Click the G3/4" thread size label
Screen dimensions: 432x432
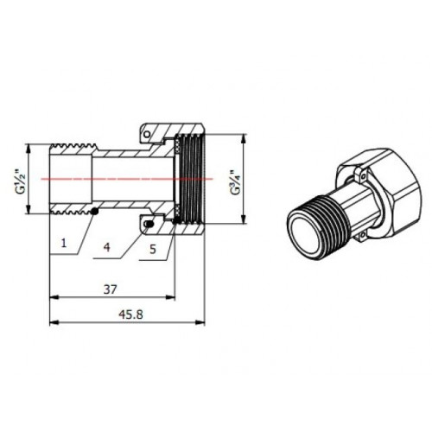(235, 183)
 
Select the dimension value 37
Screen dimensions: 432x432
(110, 289)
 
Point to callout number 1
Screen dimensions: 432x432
(64, 243)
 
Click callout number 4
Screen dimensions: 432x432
(107, 247)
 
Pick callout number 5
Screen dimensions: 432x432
(153, 249)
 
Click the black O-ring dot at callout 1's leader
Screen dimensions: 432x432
(95, 212)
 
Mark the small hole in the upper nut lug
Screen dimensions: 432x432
(147, 134)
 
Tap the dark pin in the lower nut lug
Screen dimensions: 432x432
(149, 224)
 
